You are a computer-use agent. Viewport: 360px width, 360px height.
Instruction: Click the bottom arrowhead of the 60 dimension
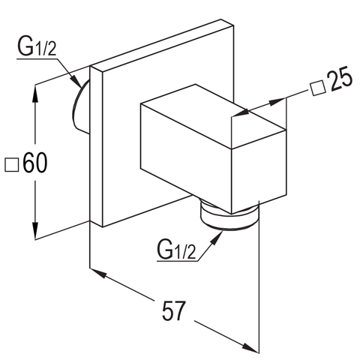tap(36, 231)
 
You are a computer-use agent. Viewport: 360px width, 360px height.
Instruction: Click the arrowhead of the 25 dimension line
tap(238, 114)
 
